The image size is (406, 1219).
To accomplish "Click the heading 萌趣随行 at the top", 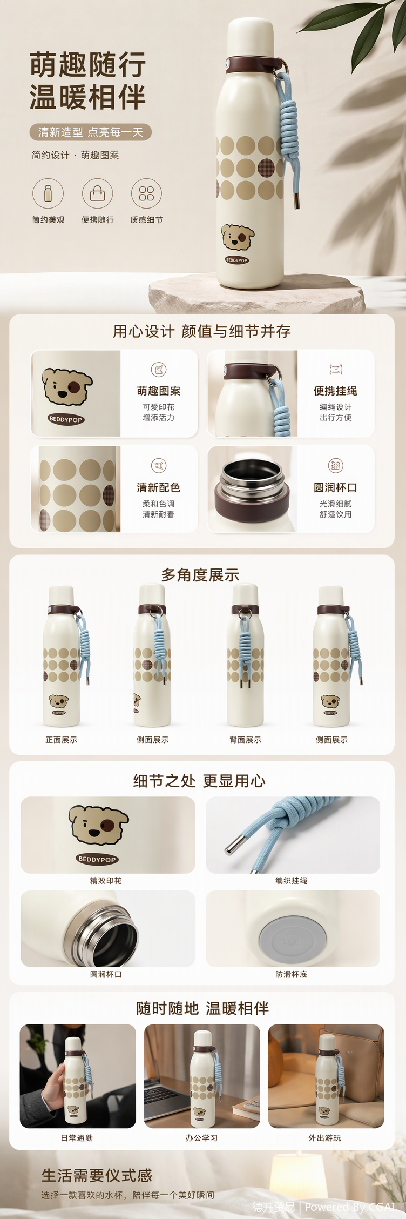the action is click(87, 65).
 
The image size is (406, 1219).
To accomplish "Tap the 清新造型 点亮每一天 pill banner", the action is click(90, 132).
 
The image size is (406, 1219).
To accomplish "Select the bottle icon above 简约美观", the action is click(48, 193).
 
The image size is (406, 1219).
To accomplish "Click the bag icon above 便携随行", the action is click(97, 193).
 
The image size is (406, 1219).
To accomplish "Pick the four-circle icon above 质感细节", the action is click(146, 193).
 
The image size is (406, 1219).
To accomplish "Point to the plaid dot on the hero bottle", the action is click(266, 168).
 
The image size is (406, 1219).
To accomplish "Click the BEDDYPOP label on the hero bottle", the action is click(236, 260).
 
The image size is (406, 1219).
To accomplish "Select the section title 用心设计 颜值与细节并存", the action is click(201, 331).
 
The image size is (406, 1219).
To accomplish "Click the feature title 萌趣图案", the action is click(159, 391).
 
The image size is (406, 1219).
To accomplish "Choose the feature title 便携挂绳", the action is click(335, 391).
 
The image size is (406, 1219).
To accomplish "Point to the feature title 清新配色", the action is click(159, 487).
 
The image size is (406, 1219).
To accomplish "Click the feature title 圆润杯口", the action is click(335, 487).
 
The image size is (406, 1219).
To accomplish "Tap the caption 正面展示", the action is click(61, 740).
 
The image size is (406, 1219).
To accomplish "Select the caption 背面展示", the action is click(245, 740).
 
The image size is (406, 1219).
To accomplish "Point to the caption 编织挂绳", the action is click(292, 880).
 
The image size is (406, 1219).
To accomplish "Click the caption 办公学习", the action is click(201, 1137).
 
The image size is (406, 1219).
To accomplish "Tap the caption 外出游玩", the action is click(324, 1137).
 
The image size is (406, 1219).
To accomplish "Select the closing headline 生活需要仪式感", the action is click(97, 1176).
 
